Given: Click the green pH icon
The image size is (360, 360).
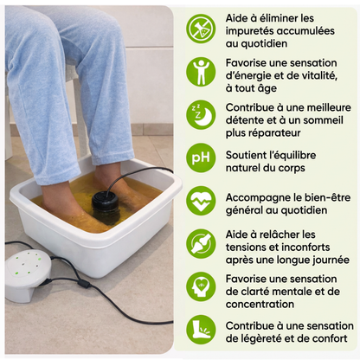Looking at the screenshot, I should pyautogui.click(x=201, y=157).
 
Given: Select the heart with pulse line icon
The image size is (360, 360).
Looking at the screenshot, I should pyautogui.click(x=201, y=201).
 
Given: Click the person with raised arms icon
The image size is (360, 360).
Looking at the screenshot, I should pyautogui.click(x=201, y=71).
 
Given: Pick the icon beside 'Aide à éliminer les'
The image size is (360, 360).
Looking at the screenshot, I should pyautogui.click(x=201, y=28).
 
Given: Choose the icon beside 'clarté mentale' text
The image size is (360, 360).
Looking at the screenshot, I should pyautogui.click(x=201, y=286).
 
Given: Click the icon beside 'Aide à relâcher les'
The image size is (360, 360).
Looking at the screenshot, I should pyautogui.click(x=201, y=243).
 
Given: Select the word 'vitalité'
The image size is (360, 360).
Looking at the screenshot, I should pyautogui.click(x=320, y=75).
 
